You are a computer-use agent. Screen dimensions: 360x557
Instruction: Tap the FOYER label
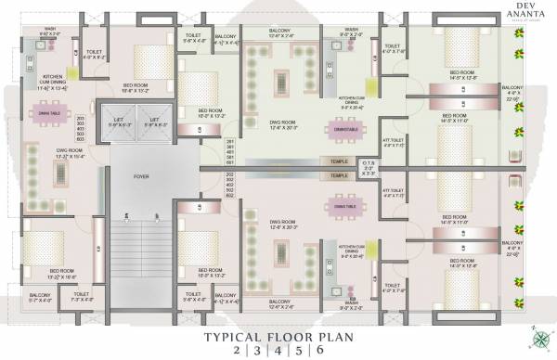point(141,174)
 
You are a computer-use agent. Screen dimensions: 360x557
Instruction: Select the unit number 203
point(80,119)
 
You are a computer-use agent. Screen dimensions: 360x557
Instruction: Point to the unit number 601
point(230,162)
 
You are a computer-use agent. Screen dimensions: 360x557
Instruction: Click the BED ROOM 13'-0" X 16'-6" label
point(45,275)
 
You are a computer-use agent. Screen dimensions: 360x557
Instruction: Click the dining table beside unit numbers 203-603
point(50,114)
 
